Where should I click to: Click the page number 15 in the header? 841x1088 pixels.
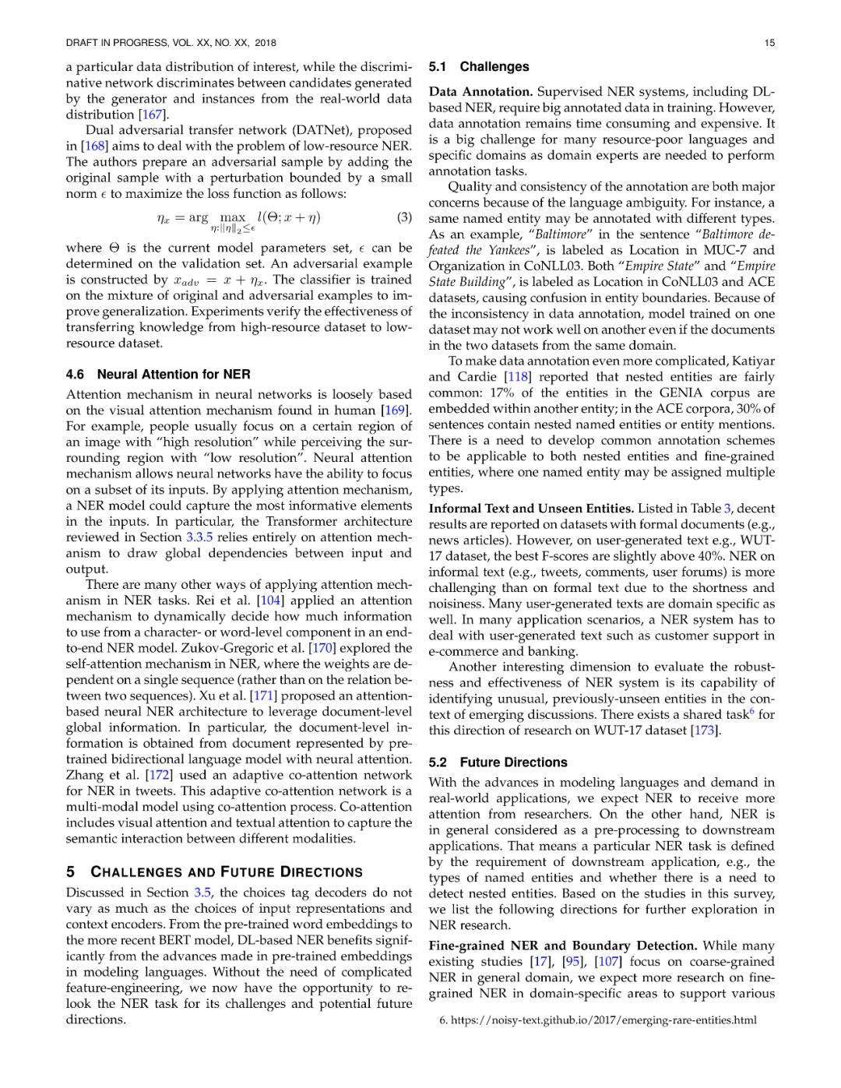pyautogui.click(x=769, y=43)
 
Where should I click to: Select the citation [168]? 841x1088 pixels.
pyautogui.click(x=93, y=146)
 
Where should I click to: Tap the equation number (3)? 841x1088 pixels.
pyautogui.click(x=404, y=217)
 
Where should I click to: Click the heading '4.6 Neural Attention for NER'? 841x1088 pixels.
pyautogui.click(x=158, y=375)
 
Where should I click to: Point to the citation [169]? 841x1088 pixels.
pyautogui.click(x=396, y=410)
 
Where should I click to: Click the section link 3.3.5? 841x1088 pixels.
pyautogui.click(x=199, y=537)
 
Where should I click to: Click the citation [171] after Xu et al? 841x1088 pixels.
pyautogui.click(x=263, y=695)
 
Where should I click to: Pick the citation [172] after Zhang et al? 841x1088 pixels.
pyautogui.click(x=159, y=775)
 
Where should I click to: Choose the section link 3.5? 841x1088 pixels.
pyautogui.click(x=203, y=893)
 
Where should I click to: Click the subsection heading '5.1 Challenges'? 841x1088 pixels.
pyautogui.click(x=479, y=67)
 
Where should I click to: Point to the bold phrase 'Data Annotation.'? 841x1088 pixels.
pyautogui.click(x=480, y=92)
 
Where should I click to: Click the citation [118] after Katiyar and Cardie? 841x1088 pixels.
pyautogui.click(x=517, y=377)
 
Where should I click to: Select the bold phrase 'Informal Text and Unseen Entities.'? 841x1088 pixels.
pyautogui.click(x=531, y=509)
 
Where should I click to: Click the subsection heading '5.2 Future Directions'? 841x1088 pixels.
pyautogui.click(x=498, y=762)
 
